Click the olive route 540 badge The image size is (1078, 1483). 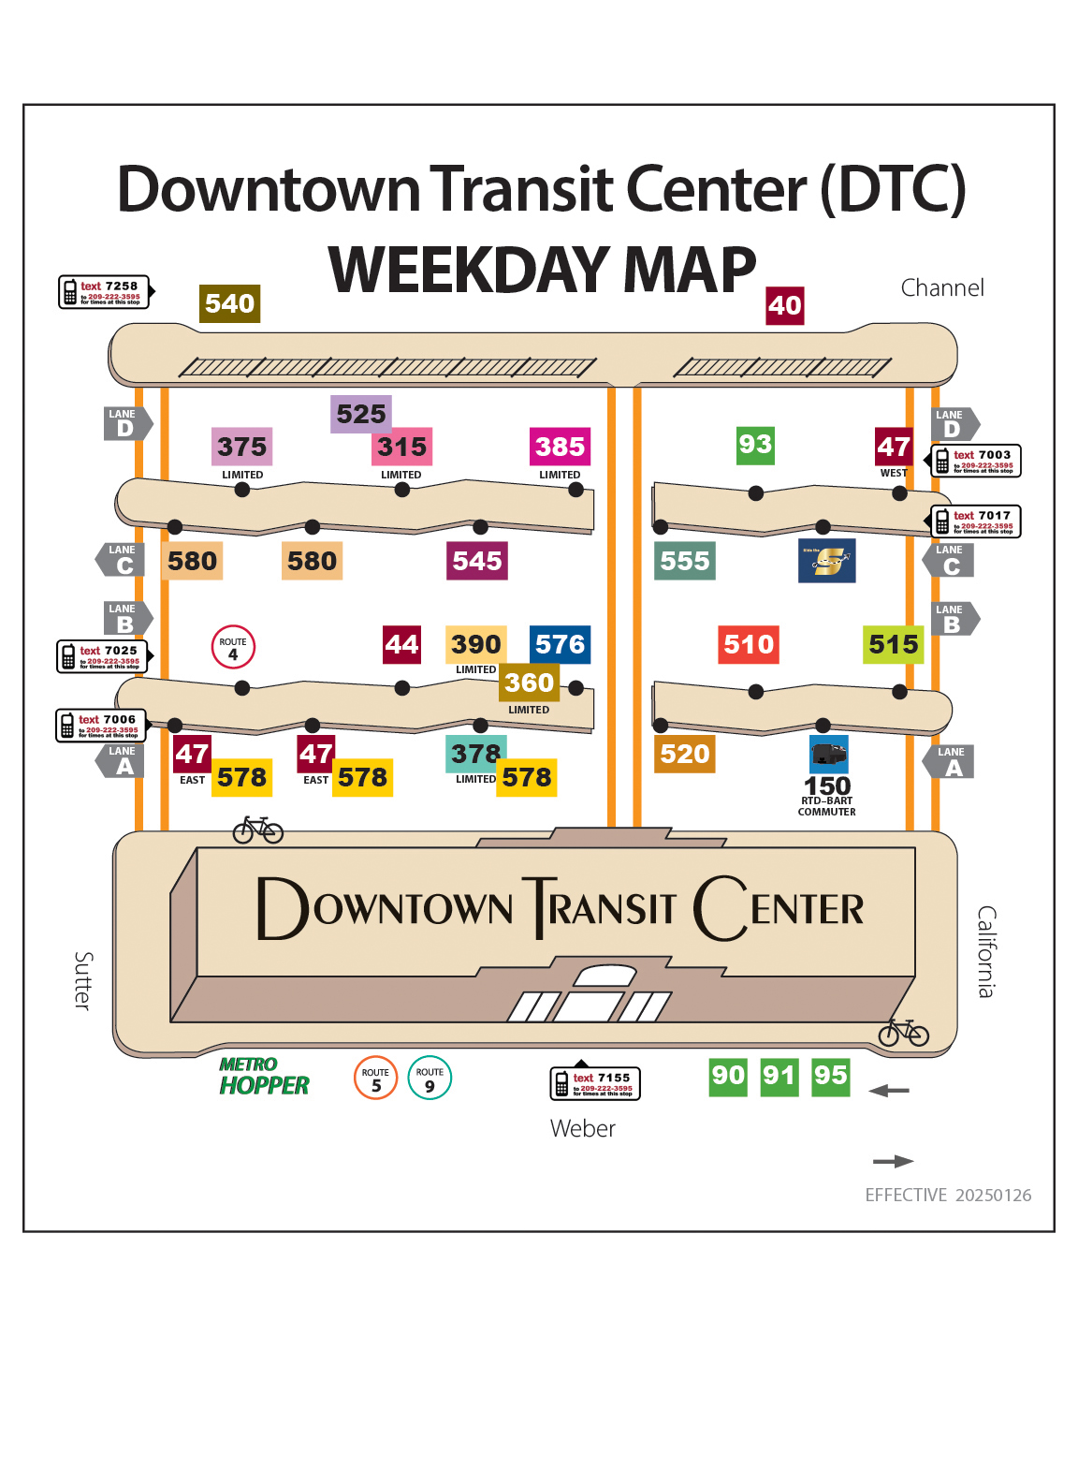coord(229,303)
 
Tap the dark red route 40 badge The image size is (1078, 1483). coord(784,305)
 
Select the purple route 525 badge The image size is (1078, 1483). coord(360,414)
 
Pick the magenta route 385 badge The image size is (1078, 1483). coord(560,447)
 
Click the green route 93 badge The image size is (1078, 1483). coord(755,444)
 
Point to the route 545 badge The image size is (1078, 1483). coord(477,561)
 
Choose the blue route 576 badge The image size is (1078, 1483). coord(560,644)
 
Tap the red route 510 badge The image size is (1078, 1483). coord(749,644)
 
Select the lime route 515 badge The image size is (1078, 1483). coord(893,644)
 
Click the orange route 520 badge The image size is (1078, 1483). coord(685,754)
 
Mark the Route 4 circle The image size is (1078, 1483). coord(233,647)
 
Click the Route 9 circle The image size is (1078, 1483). coord(430,1078)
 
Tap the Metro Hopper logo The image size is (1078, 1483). coord(264,1077)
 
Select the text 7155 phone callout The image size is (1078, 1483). coord(595,1083)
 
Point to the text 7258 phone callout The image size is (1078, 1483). coord(105,292)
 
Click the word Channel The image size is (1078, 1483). coord(942,287)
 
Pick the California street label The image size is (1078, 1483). coord(986,951)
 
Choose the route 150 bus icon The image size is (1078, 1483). coord(828,754)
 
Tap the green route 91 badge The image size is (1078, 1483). coord(779,1076)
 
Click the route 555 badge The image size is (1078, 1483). coord(685,561)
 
